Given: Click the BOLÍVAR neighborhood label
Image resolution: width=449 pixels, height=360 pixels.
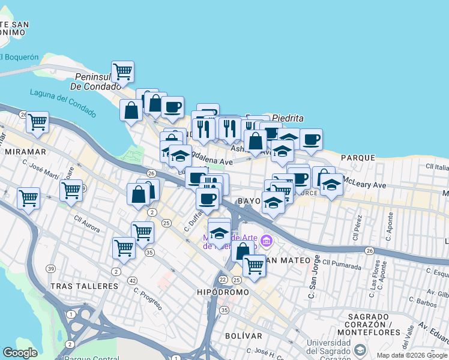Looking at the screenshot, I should (244, 335).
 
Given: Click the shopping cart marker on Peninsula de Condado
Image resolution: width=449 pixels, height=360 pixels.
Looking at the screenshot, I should (122, 71).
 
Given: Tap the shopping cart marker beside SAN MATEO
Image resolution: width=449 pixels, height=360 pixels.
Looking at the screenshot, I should (254, 265).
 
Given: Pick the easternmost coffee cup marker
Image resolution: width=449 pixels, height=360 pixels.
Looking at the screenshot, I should (311, 140).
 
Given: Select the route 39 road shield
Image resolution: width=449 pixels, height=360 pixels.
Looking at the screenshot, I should (51, 268).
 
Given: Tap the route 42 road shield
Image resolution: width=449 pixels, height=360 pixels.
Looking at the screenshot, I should (132, 280).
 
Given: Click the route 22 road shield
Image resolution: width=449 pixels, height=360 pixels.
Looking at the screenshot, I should (223, 280).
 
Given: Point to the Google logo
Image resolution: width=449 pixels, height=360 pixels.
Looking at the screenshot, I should (20, 353).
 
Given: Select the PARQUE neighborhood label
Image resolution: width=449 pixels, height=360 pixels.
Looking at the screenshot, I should (358, 158).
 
